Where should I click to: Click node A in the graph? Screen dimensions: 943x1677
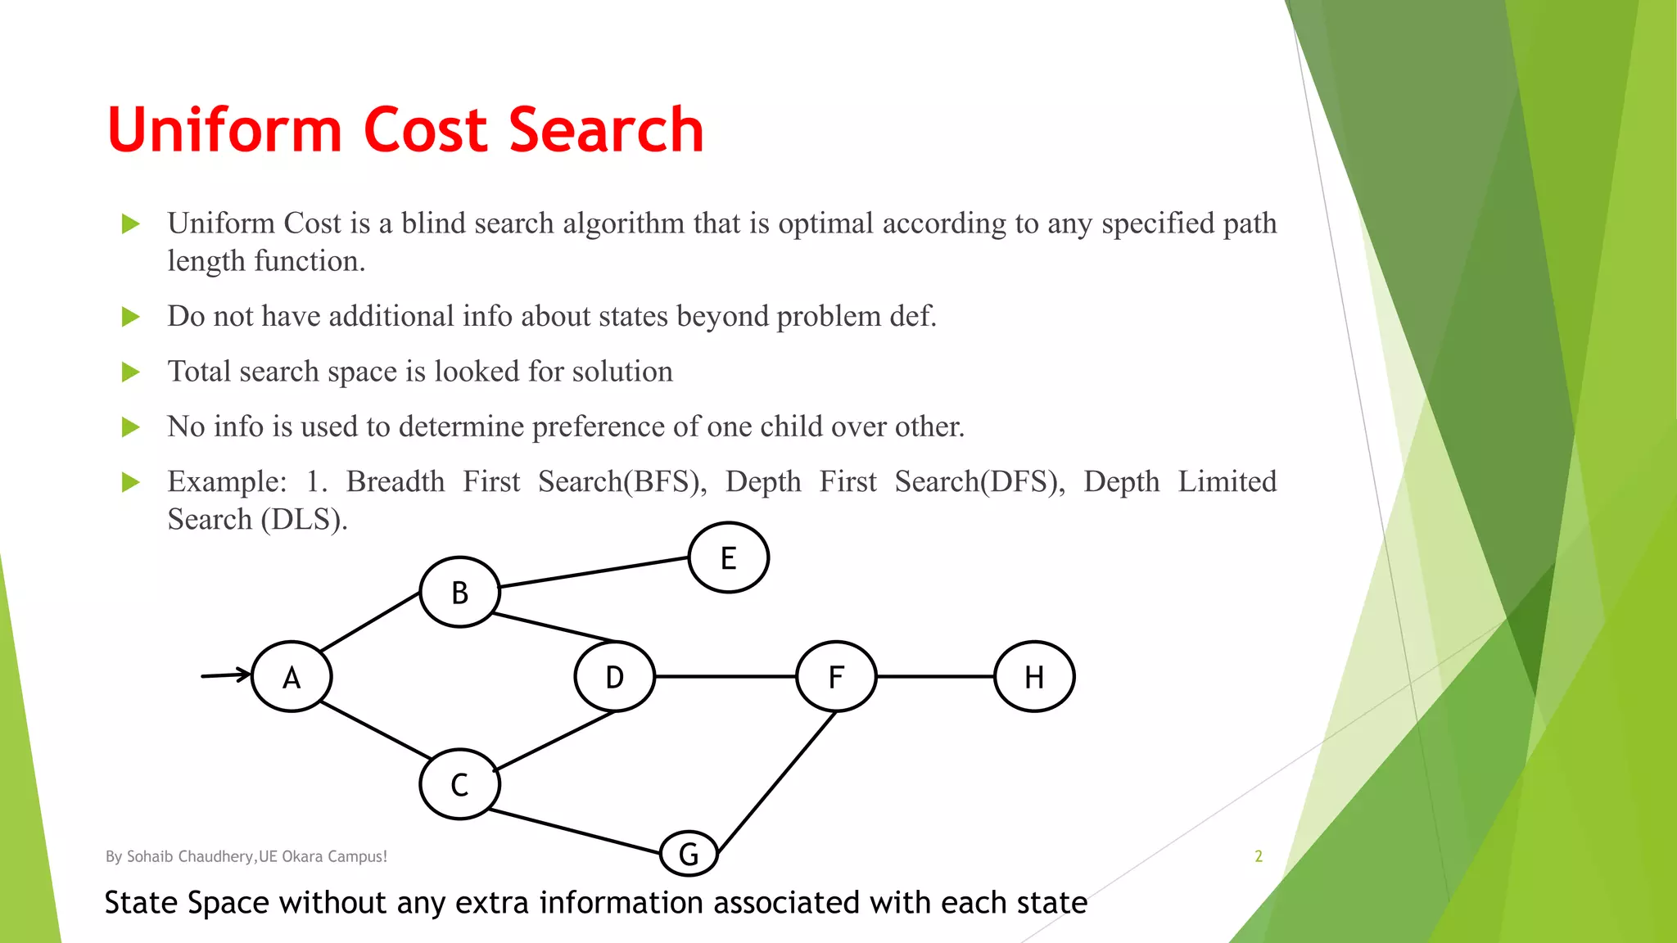coord(292,677)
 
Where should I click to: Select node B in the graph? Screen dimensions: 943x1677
coord(459,592)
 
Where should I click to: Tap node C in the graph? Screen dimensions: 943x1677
coord(459,784)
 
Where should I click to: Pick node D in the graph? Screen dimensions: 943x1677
coord(614,677)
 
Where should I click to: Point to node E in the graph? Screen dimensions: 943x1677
coord(728,557)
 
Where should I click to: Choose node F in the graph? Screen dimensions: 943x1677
coord(836,677)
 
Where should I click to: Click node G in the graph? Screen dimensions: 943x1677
coord(689,854)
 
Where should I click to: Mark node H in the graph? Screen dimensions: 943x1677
coord(1034,677)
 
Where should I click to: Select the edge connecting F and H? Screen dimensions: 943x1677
coord(935,677)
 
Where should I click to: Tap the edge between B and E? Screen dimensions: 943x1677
coord(594,572)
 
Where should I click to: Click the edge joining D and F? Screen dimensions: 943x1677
coord(725,677)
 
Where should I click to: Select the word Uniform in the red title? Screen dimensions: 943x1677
coord(224,131)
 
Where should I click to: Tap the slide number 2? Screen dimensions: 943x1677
coord(1259,856)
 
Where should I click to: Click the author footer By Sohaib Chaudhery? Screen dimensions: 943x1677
coord(246,856)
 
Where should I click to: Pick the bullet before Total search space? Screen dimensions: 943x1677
coord(130,372)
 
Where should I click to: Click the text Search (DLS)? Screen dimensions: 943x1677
coord(257,520)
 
